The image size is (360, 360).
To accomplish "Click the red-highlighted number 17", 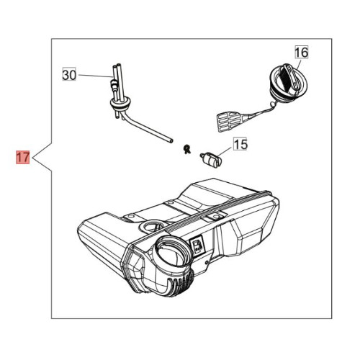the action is point(22,157).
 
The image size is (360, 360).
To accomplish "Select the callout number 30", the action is point(69,75).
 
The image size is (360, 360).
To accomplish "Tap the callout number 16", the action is point(302,53).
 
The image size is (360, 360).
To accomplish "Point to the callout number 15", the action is point(240,145).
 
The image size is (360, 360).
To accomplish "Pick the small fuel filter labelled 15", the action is point(210,159).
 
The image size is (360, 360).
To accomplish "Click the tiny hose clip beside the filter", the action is point(186,149).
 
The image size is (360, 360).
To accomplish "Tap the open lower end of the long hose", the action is point(171,140).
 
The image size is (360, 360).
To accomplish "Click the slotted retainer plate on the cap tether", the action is point(230,121).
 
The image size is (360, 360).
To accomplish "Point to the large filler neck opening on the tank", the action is point(171,251).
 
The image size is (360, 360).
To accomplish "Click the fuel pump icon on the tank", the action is point(197,246).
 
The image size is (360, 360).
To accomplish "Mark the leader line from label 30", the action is point(95,76).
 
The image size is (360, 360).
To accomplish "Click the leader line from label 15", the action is point(225,152).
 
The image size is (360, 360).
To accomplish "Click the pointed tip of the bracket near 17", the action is point(32,157).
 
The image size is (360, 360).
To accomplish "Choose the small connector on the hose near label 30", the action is point(113,84).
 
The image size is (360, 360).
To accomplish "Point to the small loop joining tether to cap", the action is point(272,104).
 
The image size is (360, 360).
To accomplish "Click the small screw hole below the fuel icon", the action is point(207,263).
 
